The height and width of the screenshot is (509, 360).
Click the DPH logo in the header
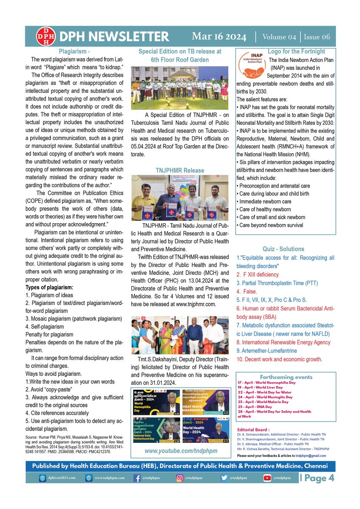[x=45, y=36]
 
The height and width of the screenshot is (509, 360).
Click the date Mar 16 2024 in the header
[x=219, y=36]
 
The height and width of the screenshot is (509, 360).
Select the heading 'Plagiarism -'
[x=74, y=52]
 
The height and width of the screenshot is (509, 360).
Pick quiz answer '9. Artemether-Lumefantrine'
[x=267, y=351]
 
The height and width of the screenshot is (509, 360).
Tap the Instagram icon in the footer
[x=180, y=478]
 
